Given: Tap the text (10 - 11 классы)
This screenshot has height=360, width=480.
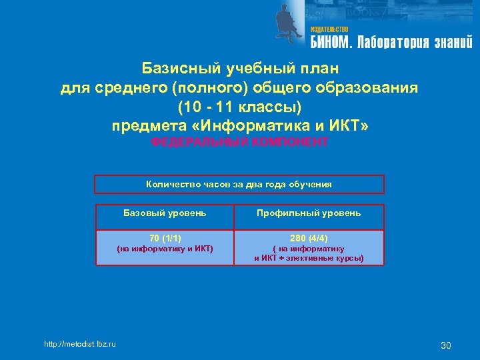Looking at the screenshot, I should (x=239, y=107).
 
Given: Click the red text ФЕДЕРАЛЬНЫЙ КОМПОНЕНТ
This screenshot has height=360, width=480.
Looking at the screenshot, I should (x=239, y=142).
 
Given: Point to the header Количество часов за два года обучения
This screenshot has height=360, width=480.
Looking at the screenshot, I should (x=239, y=184).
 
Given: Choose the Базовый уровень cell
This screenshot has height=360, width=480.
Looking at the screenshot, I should (x=165, y=213).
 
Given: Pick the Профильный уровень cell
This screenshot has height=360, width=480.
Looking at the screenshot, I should (x=309, y=213).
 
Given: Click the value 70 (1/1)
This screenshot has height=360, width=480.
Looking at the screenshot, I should (x=165, y=238).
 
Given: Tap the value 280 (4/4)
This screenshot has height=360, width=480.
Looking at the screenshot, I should (x=309, y=238).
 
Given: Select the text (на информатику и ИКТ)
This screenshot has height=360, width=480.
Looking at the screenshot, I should (x=165, y=249).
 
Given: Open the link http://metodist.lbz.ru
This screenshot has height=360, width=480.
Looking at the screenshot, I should (x=79, y=344).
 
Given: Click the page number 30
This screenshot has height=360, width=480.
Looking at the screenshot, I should (x=446, y=345).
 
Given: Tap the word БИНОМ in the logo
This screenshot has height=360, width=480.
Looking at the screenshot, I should (x=329, y=43).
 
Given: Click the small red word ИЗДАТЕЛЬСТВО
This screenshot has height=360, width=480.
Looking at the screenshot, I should (x=329, y=30).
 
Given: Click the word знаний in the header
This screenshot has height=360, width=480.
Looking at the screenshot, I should (x=453, y=43).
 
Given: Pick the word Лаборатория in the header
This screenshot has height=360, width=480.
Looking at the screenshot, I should (x=393, y=43).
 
